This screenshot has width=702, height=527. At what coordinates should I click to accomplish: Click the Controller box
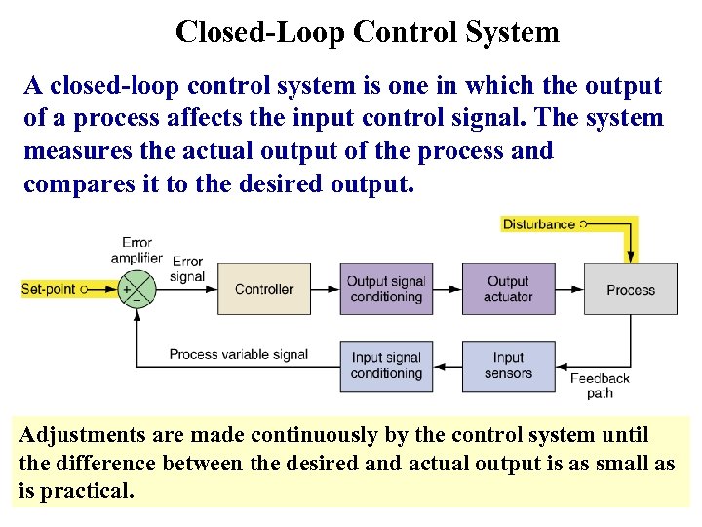click(263, 289)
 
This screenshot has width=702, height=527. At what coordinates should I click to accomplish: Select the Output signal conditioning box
click(386, 289)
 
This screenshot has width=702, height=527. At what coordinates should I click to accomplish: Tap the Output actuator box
click(508, 289)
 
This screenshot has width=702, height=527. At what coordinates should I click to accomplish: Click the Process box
click(630, 289)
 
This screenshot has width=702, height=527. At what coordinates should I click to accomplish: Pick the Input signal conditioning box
click(386, 365)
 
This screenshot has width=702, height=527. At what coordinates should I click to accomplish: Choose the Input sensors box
click(508, 365)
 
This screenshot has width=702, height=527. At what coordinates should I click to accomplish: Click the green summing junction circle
click(137, 289)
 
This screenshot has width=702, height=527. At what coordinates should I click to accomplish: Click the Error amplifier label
click(136, 249)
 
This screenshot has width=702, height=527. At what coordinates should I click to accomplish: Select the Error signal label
click(187, 268)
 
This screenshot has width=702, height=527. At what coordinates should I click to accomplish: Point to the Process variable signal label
click(238, 354)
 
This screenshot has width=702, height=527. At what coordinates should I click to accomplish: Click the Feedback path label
click(600, 385)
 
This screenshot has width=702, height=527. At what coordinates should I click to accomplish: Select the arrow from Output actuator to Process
click(569, 289)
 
